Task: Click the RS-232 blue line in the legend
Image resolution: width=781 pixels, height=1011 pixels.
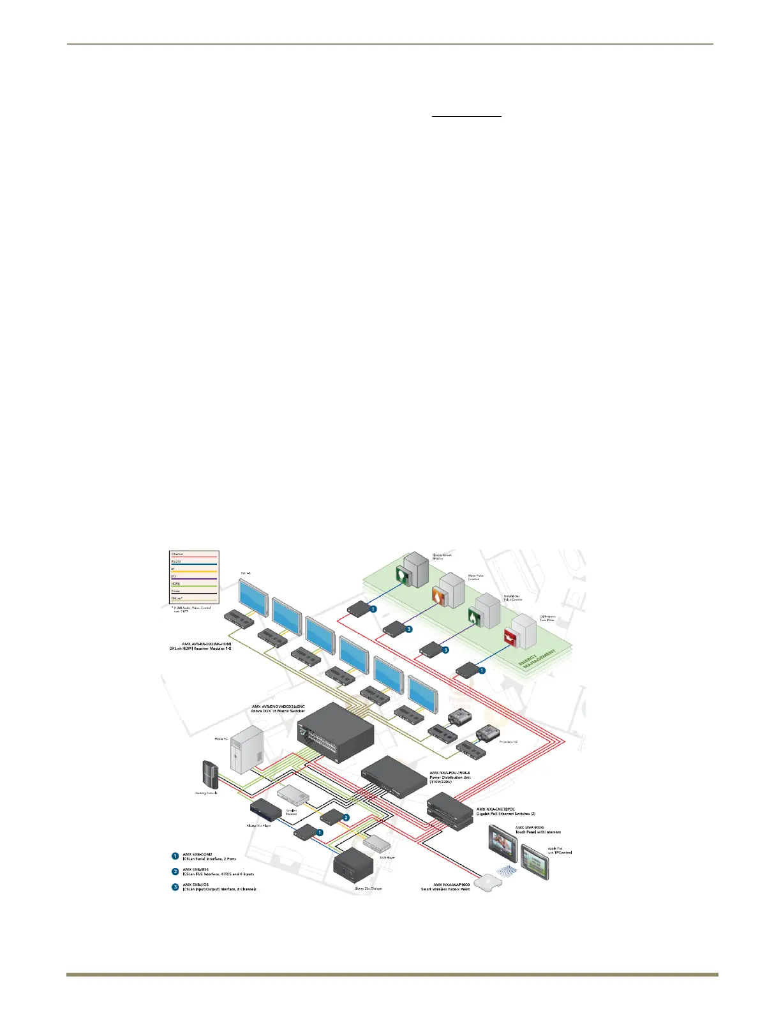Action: coord(194,564)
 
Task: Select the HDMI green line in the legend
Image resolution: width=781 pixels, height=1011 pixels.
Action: coord(194,586)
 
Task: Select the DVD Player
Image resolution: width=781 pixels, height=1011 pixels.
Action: coord(376,843)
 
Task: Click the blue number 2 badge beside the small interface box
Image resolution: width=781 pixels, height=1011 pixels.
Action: coord(346,817)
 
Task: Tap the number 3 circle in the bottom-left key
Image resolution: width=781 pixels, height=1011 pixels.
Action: coord(175,887)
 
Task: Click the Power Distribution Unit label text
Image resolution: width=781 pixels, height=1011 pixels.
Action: coord(450,777)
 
